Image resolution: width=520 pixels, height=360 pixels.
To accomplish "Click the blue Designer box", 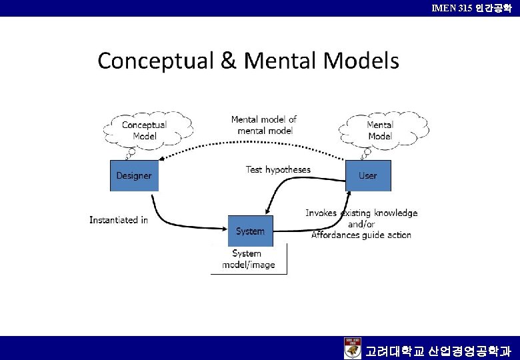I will tap(134, 175).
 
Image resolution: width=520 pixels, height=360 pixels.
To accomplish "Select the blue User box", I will tap(368, 175).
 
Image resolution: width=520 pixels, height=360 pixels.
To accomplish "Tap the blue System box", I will tap(250, 231).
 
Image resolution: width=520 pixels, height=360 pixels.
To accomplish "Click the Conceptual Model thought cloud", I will tap(145, 130).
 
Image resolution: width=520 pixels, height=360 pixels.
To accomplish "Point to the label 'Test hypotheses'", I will tap(278, 170).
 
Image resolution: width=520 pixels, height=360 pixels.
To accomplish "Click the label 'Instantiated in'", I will tap(119, 220).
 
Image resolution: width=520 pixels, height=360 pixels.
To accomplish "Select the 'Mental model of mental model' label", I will tap(264, 125).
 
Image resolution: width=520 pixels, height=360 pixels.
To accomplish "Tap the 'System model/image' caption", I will tap(248, 259).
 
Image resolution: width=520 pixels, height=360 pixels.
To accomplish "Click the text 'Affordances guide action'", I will tap(361, 235).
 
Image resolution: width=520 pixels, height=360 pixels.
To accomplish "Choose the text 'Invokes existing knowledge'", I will tap(361, 213).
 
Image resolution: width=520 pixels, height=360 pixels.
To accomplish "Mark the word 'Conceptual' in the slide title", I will tap(155, 61).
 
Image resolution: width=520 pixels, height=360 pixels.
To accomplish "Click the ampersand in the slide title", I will tap(228, 61).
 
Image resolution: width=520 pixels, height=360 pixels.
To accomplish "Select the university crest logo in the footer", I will tap(353, 348).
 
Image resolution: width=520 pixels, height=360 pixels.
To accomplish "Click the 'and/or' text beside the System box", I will tap(361, 224).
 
